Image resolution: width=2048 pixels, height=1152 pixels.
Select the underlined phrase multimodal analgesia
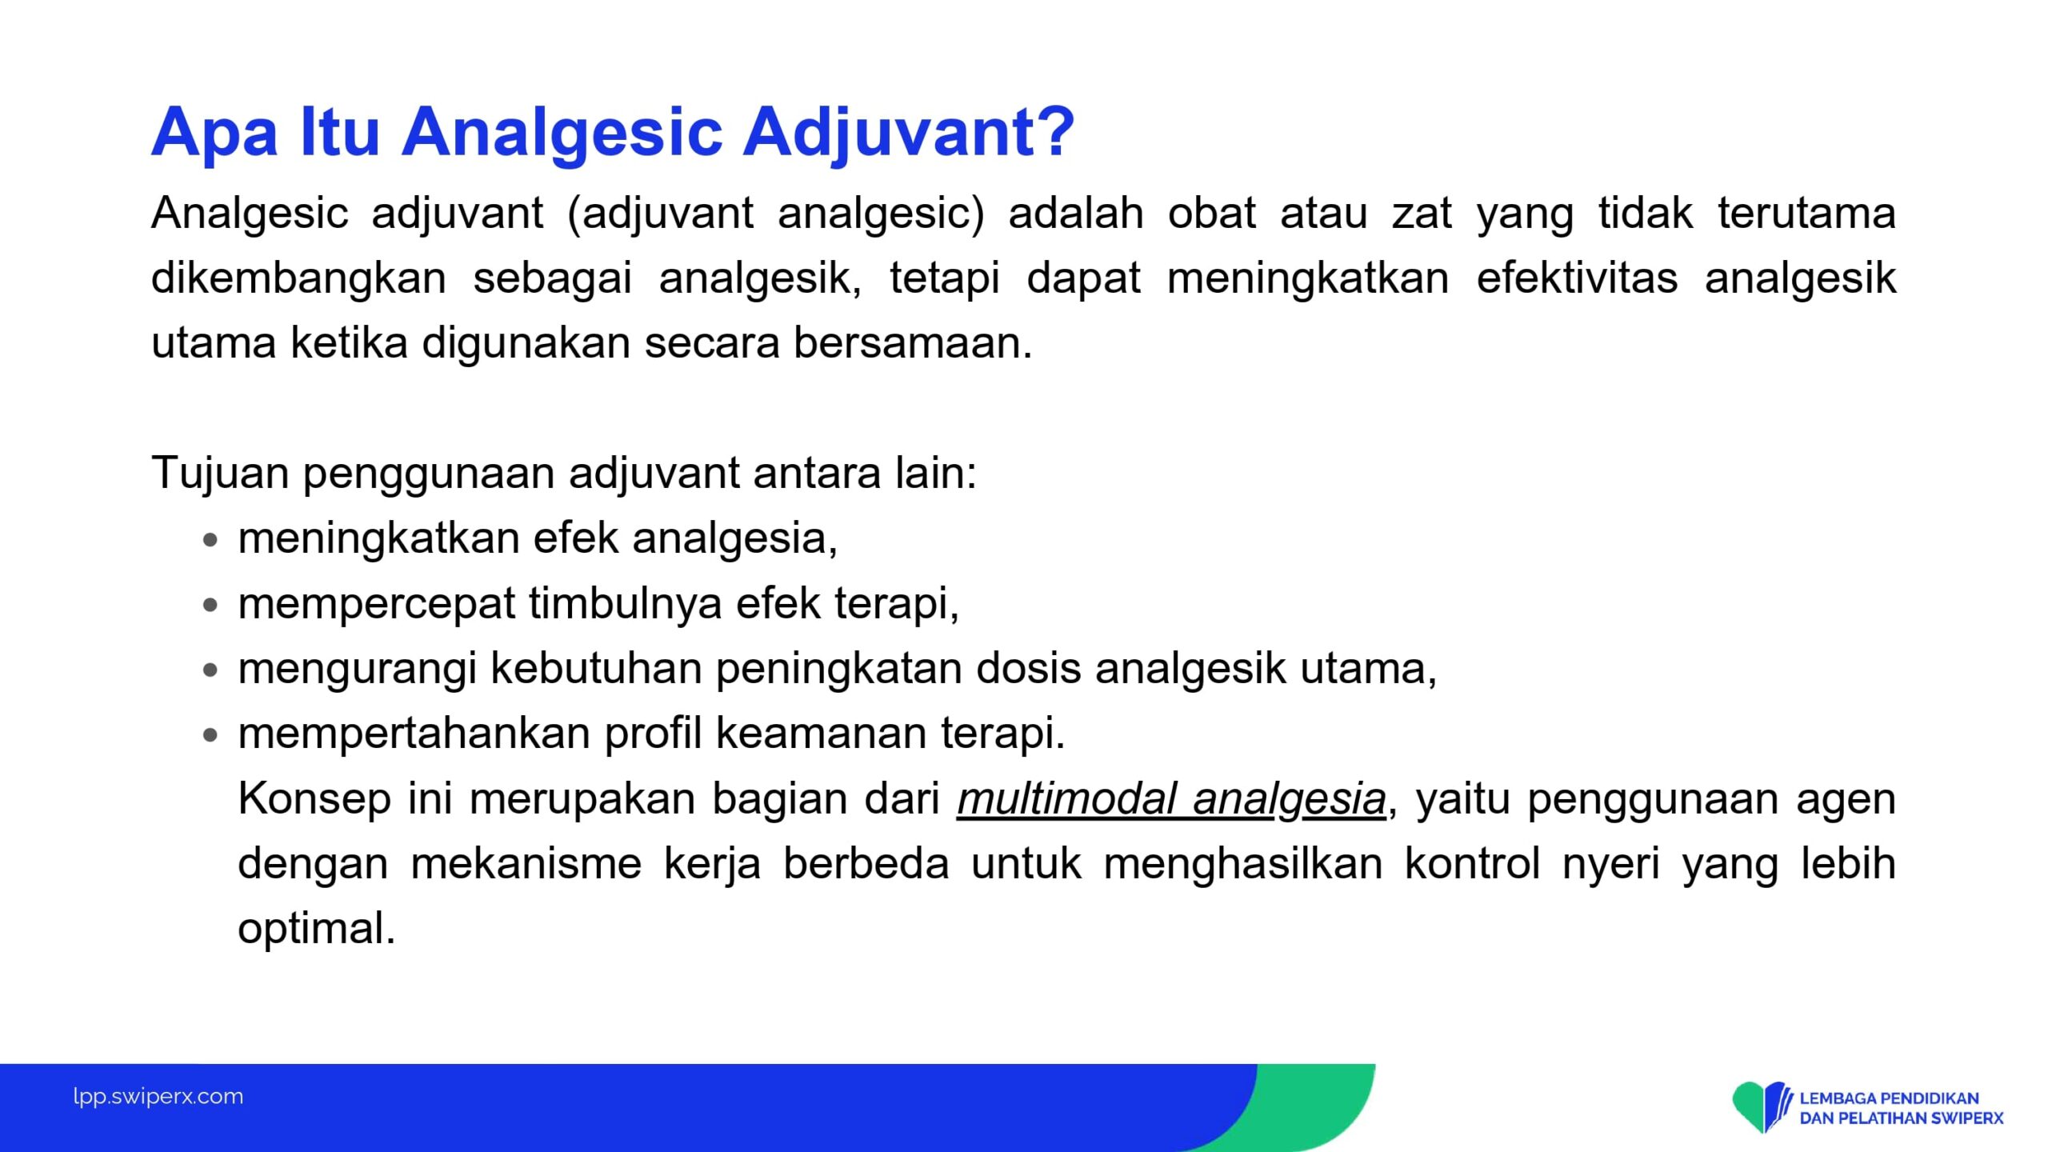pyautogui.click(x=1171, y=800)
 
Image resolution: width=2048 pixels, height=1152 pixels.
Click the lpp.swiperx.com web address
pyautogui.click(x=158, y=1097)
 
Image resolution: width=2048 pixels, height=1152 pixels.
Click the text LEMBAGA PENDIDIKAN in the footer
pyautogui.click(x=1889, y=1098)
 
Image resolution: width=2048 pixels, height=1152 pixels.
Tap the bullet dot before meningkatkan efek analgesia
pyautogui.click(x=210, y=541)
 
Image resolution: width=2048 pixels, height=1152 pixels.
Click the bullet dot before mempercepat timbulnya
pyautogui.click(x=210, y=606)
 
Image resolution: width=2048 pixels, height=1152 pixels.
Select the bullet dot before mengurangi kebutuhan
pyautogui.click(x=210, y=670)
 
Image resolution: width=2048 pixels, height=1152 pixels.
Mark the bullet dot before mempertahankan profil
pyautogui.click(x=210, y=735)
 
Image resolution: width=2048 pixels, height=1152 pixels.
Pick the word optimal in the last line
pyautogui.click(x=317, y=930)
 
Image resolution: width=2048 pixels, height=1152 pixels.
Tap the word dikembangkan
pyautogui.click(x=298, y=278)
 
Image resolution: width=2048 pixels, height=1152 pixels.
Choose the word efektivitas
pyautogui.click(x=1577, y=278)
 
